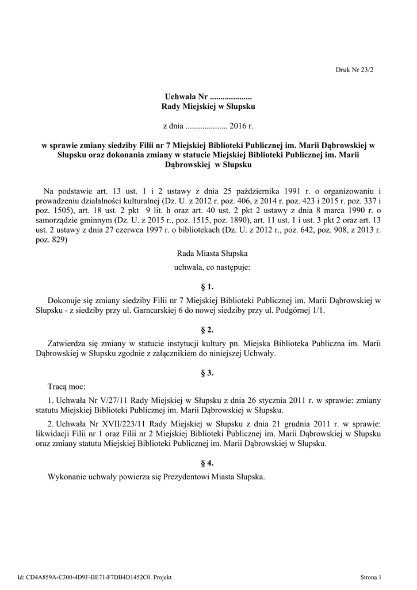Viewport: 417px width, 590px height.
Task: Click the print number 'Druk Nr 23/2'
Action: tap(354, 69)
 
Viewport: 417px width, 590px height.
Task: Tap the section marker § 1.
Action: tap(207, 286)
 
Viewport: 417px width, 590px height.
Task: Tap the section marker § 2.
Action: tap(207, 330)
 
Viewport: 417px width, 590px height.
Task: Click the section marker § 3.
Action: tap(207, 373)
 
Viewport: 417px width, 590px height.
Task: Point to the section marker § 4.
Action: tap(207, 462)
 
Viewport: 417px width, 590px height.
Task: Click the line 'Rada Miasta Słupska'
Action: tap(207, 254)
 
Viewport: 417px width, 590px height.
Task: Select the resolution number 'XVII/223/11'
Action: tap(124, 423)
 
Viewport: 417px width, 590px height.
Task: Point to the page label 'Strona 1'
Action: tap(371, 577)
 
